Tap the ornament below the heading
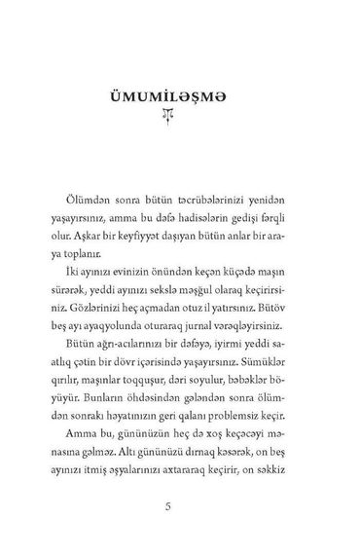pyautogui.click(x=180, y=117)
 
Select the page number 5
pyautogui.click(x=180, y=505)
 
